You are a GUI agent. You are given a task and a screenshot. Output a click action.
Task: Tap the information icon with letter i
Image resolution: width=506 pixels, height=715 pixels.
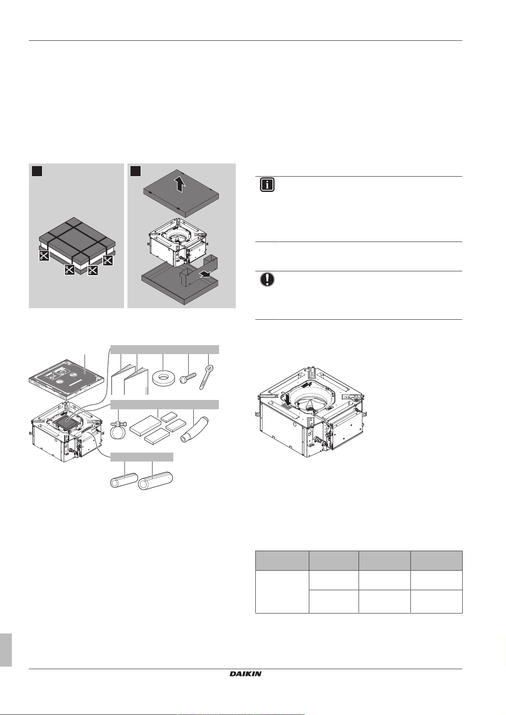pyautogui.click(x=267, y=185)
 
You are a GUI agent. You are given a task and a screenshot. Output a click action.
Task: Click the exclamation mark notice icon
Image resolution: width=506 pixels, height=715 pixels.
pyautogui.click(x=267, y=279)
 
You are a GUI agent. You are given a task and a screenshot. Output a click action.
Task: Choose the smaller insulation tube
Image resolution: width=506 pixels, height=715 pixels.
pyautogui.click(x=124, y=480)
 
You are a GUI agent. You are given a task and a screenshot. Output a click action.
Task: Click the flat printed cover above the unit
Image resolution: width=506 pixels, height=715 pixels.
pyautogui.click(x=66, y=379)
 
